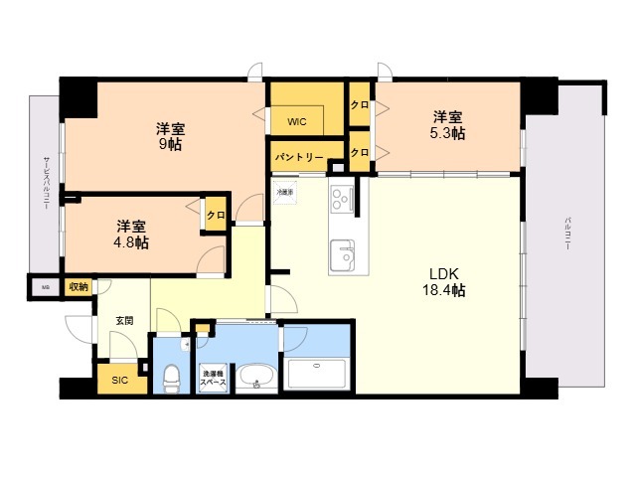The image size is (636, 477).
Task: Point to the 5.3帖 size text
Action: pyautogui.click(x=447, y=133)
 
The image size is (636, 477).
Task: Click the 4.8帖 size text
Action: pyautogui.click(x=130, y=241)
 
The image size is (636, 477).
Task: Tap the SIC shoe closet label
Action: pyautogui.click(x=119, y=380)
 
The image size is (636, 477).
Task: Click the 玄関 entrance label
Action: pyautogui.click(x=124, y=320)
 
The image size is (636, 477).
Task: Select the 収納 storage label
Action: pyautogui.click(x=78, y=287)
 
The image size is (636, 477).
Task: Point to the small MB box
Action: pyautogui.click(x=44, y=287)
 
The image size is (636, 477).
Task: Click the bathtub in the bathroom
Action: pyautogui.click(x=315, y=375)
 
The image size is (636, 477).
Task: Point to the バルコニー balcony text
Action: pyautogui.click(x=567, y=234)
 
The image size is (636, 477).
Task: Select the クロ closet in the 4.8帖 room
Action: pyautogui.click(x=215, y=214)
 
